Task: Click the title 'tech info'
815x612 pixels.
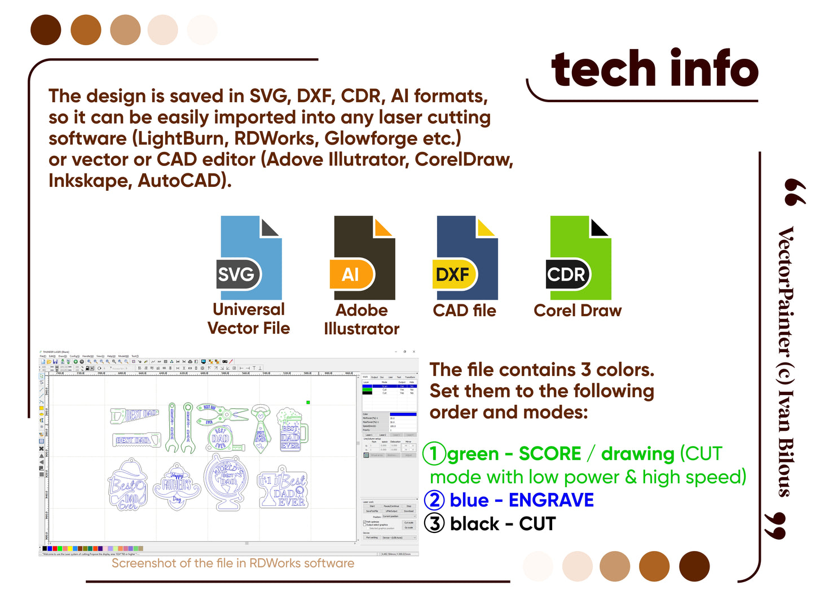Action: click(x=654, y=69)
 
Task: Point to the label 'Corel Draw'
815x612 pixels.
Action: click(x=578, y=311)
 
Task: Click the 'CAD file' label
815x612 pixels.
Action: click(x=464, y=311)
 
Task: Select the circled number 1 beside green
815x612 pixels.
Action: click(x=434, y=453)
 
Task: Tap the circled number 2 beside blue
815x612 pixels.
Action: click(x=434, y=500)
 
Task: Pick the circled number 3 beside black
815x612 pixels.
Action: click(x=434, y=523)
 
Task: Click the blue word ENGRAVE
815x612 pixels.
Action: click(x=551, y=500)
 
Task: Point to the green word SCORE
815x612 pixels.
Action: click(x=549, y=453)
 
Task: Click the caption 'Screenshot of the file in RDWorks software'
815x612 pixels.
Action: click(x=233, y=563)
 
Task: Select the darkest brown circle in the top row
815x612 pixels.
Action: click(x=46, y=30)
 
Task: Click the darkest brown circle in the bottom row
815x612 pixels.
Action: click(x=694, y=566)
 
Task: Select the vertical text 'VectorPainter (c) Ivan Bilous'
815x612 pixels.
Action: click(x=786, y=361)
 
